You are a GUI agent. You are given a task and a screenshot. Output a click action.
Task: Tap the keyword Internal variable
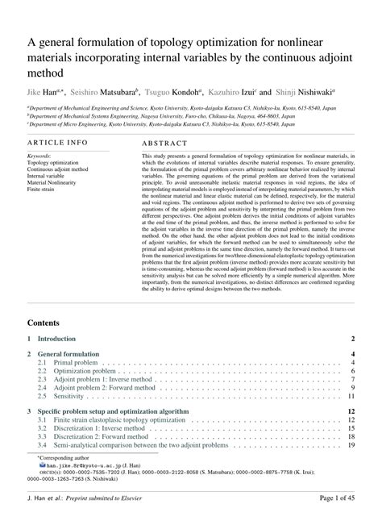click(51, 173)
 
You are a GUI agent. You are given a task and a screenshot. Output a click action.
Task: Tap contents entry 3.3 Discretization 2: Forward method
click(102, 436)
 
